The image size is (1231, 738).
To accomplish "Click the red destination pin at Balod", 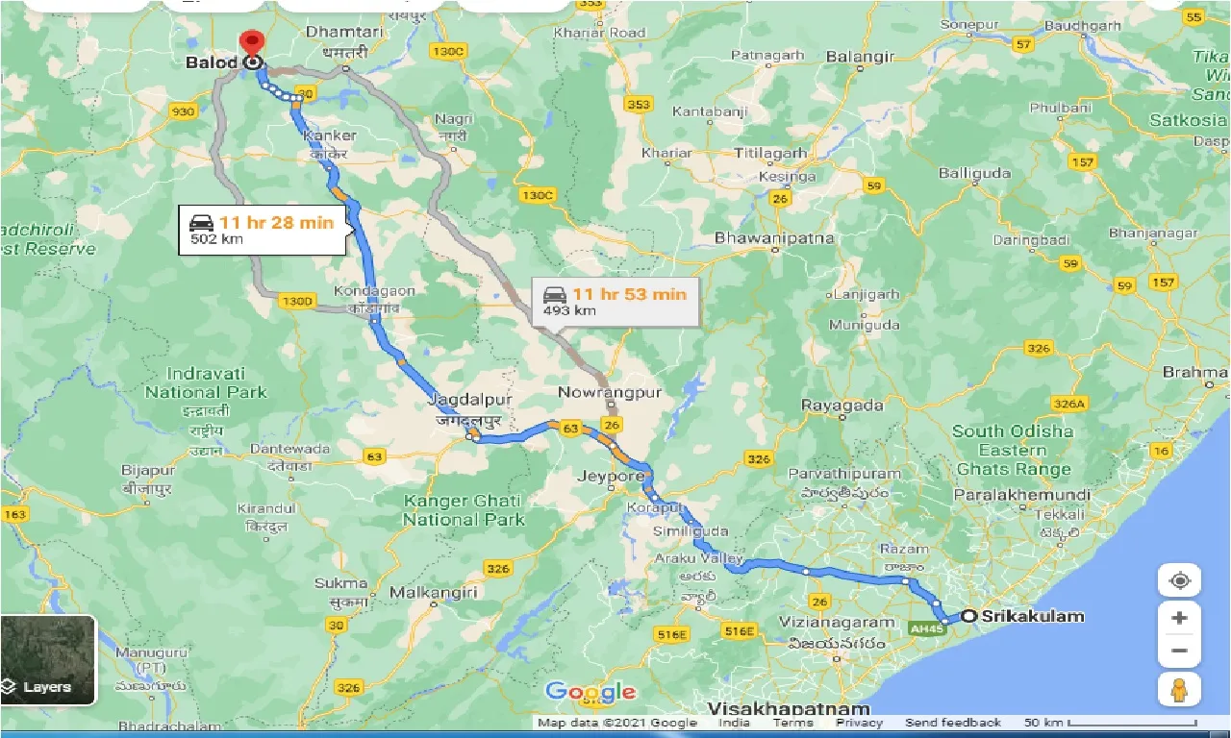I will [252, 44].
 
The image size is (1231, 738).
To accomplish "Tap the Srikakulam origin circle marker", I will [968, 616].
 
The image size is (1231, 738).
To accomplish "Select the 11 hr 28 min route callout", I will [262, 230].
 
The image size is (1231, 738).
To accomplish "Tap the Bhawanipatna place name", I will [774, 238].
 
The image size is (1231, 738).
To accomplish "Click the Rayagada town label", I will [842, 406].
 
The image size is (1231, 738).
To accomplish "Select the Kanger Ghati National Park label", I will [463, 510].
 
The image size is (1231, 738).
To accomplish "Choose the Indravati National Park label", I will [206, 382].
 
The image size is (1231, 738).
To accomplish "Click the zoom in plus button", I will [1180, 618].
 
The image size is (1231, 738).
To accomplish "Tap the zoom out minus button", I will [1180, 651].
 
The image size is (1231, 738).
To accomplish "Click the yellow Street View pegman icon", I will [1180, 689].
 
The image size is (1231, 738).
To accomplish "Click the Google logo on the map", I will [590, 691].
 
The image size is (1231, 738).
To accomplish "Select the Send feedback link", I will [953, 723].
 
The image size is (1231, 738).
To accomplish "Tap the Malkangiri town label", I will [434, 593].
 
